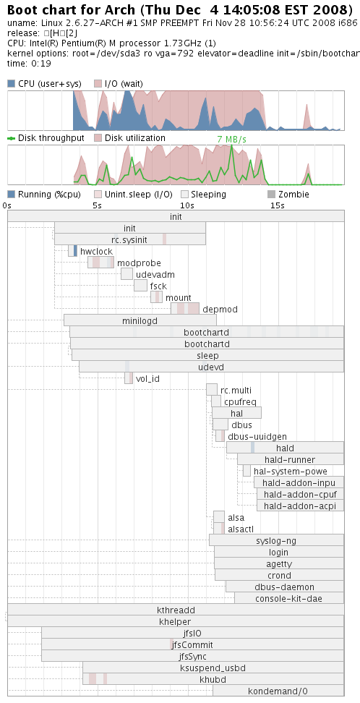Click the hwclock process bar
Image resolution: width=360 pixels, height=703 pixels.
72,251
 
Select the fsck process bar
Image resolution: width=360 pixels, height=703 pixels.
140,286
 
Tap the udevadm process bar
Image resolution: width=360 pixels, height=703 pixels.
127,274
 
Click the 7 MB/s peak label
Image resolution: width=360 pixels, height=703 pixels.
232,140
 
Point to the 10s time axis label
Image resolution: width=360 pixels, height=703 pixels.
187,206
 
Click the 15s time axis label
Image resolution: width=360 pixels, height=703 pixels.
277,206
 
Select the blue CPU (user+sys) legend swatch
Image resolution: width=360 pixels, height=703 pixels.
12,83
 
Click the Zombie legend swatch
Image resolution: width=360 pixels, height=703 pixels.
271,195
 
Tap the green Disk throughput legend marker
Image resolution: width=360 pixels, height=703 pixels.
12,138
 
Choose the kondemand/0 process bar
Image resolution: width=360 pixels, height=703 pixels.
278,691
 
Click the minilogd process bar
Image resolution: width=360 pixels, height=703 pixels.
140,320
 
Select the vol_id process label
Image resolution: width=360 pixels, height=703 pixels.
147,379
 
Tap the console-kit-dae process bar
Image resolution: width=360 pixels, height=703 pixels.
289,598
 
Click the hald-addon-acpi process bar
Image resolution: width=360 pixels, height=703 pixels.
301,506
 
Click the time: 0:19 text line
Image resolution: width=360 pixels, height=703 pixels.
29,64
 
